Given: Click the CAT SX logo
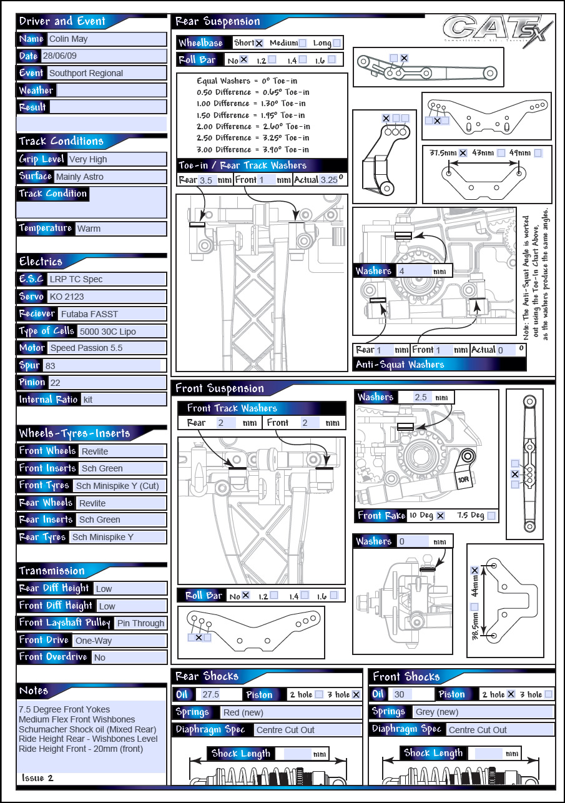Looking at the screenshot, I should click(496, 34).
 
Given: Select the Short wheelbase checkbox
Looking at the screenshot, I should click(259, 43).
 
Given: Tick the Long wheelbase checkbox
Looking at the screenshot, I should click(337, 43).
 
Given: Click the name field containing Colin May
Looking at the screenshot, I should click(106, 39).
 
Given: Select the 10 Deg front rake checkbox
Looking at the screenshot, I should click(440, 516).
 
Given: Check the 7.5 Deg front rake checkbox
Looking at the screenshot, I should click(491, 516).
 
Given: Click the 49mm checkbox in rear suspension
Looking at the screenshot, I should click(538, 152).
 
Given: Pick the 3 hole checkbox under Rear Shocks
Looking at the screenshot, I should click(356, 694).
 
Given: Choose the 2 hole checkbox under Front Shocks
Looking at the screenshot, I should click(510, 694).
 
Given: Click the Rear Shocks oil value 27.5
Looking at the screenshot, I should click(210, 694).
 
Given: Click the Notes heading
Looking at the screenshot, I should click(34, 691).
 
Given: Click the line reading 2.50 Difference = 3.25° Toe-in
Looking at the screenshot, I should click(252, 137).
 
